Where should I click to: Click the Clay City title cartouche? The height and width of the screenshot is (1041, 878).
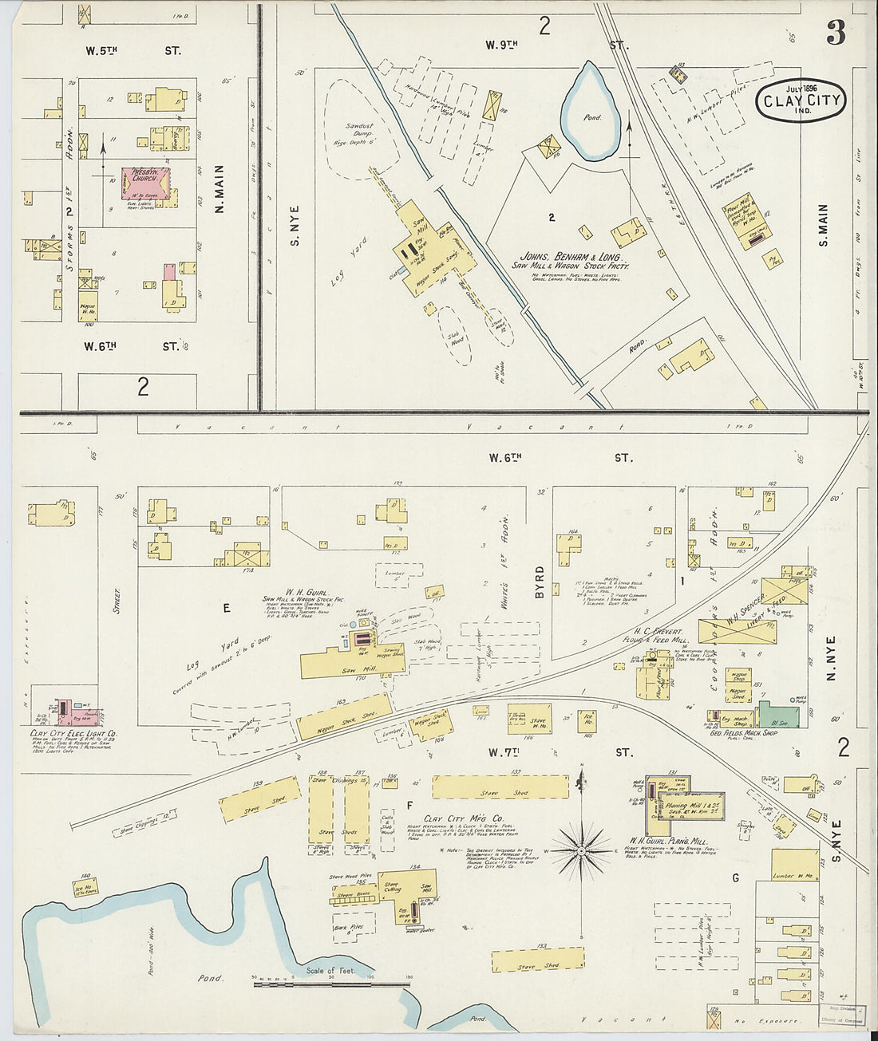(801, 101)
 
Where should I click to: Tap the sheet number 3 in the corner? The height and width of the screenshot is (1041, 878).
(835, 33)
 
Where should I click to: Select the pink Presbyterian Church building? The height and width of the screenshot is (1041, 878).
(145, 183)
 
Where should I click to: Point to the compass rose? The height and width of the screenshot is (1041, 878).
(582, 851)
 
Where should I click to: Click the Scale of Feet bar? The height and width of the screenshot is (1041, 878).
(330, 984)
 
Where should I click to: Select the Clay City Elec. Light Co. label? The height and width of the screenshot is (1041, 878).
(73, 732)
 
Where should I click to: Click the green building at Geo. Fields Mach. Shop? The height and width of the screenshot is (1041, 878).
(777, 714)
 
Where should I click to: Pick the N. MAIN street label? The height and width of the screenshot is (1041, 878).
(219, 189)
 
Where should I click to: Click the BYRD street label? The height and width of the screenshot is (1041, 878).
(540, 582)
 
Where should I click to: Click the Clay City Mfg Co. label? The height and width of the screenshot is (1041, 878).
(464, 819)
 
